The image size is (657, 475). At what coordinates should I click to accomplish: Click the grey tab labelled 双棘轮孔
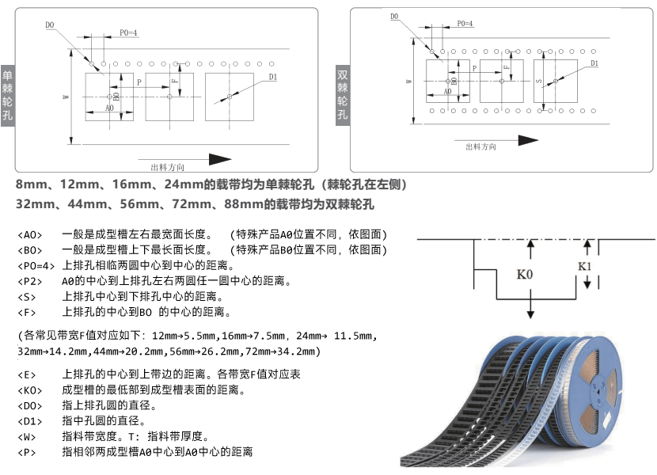point(343,94)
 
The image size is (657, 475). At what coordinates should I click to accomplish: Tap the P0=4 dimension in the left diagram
point(129,32)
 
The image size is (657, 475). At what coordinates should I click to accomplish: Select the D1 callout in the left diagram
point(272,77)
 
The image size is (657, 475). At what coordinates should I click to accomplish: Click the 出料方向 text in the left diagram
point(167,167)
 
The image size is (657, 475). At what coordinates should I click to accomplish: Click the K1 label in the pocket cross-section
point(585,265)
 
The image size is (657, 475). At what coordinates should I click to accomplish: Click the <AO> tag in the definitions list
point(28,235)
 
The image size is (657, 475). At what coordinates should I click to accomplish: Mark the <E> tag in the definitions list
point(26,374)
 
